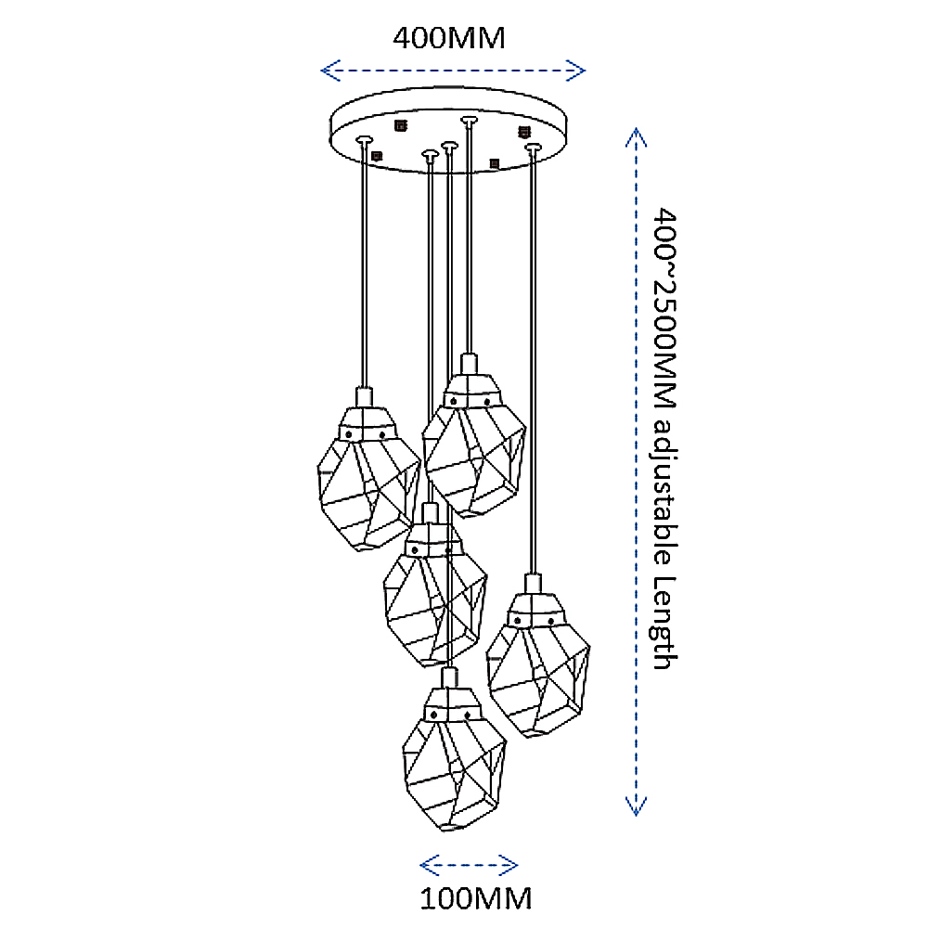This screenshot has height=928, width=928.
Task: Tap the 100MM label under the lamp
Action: (476, 898)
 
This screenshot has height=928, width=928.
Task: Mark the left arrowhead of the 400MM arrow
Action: (328, 70)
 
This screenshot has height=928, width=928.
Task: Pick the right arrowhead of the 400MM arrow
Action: (579, 70)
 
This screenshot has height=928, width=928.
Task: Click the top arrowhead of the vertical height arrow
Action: (635, 135)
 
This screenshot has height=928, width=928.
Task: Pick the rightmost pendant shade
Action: (538, 666)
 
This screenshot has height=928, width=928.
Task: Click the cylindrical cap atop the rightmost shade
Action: (532, 584)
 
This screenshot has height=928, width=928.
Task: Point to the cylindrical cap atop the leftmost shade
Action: (363, 396)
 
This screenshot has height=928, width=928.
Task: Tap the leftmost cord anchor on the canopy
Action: (364, 139)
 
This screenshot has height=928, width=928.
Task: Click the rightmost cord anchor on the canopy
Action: (532, 146)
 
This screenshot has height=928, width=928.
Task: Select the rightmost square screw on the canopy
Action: (523, 131)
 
